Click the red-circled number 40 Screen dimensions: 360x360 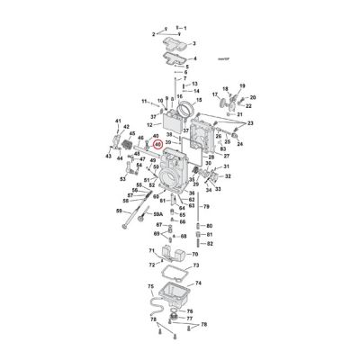157,142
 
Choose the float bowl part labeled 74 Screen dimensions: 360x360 172,295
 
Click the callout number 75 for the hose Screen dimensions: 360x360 152,286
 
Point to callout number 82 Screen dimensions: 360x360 209,243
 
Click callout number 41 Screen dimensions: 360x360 118,121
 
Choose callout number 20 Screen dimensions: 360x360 252,97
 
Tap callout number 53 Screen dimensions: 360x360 123,178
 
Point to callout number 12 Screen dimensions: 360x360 150,125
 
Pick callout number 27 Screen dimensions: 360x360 227,156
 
